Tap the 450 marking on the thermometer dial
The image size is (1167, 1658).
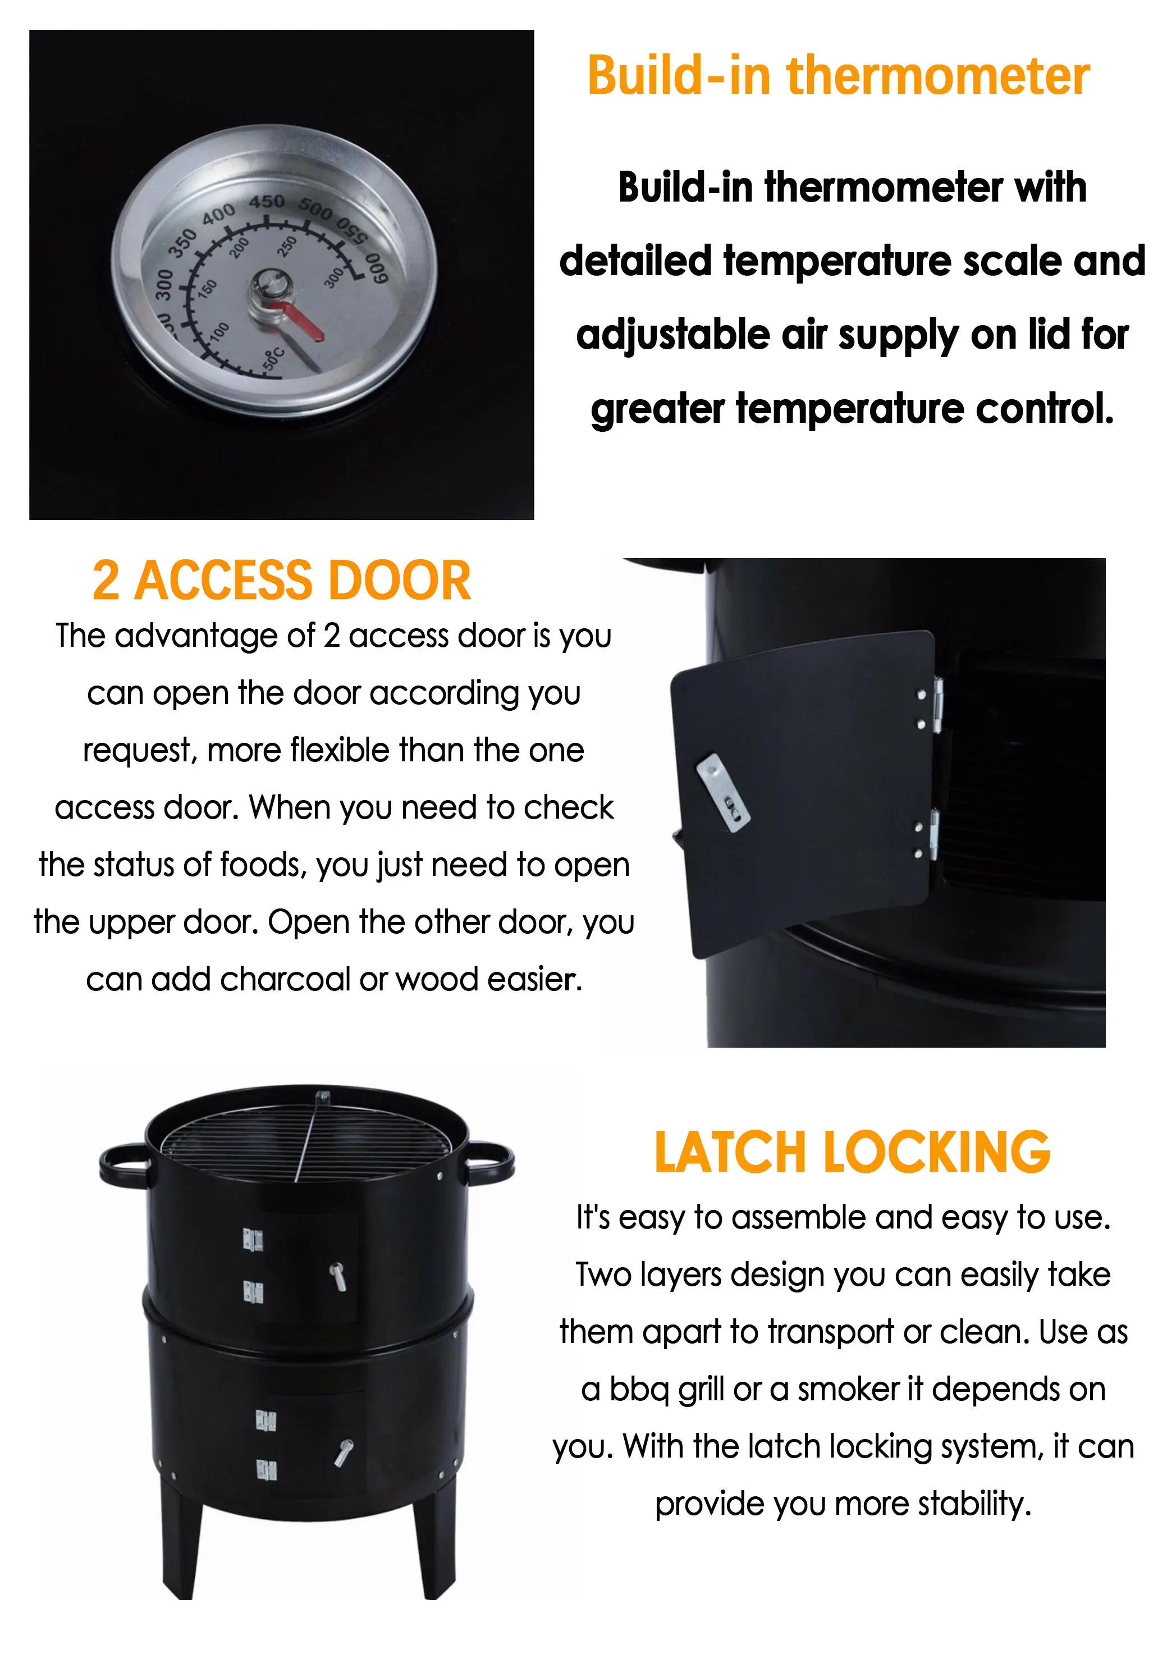coord(267,202)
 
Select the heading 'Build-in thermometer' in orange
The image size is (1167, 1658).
coord(838,76)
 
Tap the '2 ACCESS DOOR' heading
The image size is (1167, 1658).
coord(282,581)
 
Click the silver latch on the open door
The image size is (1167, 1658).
coord(723,792)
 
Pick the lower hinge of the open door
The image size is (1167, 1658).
coord(933,835)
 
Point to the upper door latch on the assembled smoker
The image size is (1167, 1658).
coord(338,1276)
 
